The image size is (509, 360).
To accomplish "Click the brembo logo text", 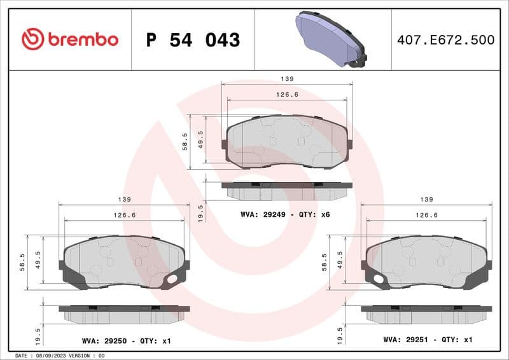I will (81, 39).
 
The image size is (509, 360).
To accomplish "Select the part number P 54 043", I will (193, 40).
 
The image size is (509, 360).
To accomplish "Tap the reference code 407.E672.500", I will (445, 40).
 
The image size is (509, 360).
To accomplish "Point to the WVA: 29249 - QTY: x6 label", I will (285, 214).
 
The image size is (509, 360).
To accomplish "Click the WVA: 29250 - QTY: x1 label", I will (126, 341).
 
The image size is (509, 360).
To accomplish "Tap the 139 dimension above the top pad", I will (287, 79).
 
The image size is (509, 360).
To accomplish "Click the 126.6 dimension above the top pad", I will (287, 94).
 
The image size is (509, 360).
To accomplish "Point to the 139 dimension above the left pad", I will (124, 199).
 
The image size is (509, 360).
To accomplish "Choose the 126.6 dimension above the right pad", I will (427, 215).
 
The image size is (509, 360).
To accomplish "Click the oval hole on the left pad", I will (171, 279).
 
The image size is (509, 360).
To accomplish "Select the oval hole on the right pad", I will (379, 279).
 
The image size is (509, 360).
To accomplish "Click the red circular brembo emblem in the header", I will (32, 39).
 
